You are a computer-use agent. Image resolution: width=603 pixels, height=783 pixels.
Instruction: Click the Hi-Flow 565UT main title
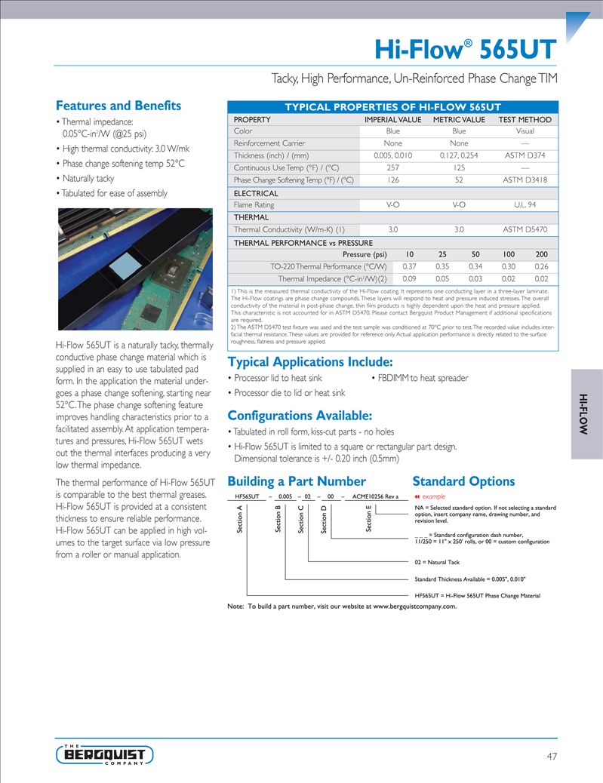pos(466,50)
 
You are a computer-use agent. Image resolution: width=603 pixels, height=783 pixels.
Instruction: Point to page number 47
pos(552,756)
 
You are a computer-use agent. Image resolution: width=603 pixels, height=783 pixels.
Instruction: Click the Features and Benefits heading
pos(118,106)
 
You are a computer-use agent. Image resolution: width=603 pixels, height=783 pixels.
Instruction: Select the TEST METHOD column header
pos(525,119)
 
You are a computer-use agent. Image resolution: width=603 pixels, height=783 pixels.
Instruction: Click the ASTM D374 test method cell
pos(525,155)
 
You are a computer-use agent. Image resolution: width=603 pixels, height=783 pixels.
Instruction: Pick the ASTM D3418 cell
pos(526,180)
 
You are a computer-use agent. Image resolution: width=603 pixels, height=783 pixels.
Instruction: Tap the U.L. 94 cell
pos(525,205)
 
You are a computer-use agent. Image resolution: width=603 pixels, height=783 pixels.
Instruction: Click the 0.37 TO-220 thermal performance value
pos(410,266)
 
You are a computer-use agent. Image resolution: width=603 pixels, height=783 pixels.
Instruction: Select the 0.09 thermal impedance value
pos(410,278)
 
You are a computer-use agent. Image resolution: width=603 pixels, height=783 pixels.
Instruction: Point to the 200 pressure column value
pos(542,254)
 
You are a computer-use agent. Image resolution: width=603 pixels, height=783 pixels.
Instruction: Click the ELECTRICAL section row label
pos(256,193)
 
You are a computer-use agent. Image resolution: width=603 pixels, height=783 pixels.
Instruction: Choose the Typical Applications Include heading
pos(310,361)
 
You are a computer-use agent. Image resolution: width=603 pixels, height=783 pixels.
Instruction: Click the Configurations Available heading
pos(300,416)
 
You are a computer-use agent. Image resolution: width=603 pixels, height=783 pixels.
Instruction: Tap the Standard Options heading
pos(463,481)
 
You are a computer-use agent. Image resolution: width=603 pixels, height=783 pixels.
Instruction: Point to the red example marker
pos(431,496)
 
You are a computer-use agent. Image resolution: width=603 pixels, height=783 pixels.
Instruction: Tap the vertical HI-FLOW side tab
pos(586,413)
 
